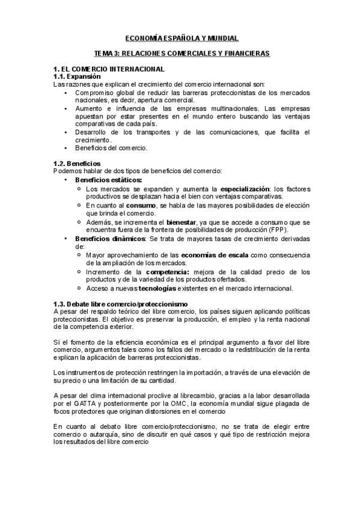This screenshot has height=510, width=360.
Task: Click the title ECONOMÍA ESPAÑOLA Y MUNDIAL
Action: (x=180, y=37)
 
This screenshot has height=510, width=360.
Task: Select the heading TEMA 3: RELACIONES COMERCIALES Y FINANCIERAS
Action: (x=180, y=54)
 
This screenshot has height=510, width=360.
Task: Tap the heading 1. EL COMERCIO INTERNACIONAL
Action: (x=109, y=70)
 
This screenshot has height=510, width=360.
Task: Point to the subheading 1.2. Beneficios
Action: (x=76, y=164)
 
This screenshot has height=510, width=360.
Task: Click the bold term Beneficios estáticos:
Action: (x=109, y=180)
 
